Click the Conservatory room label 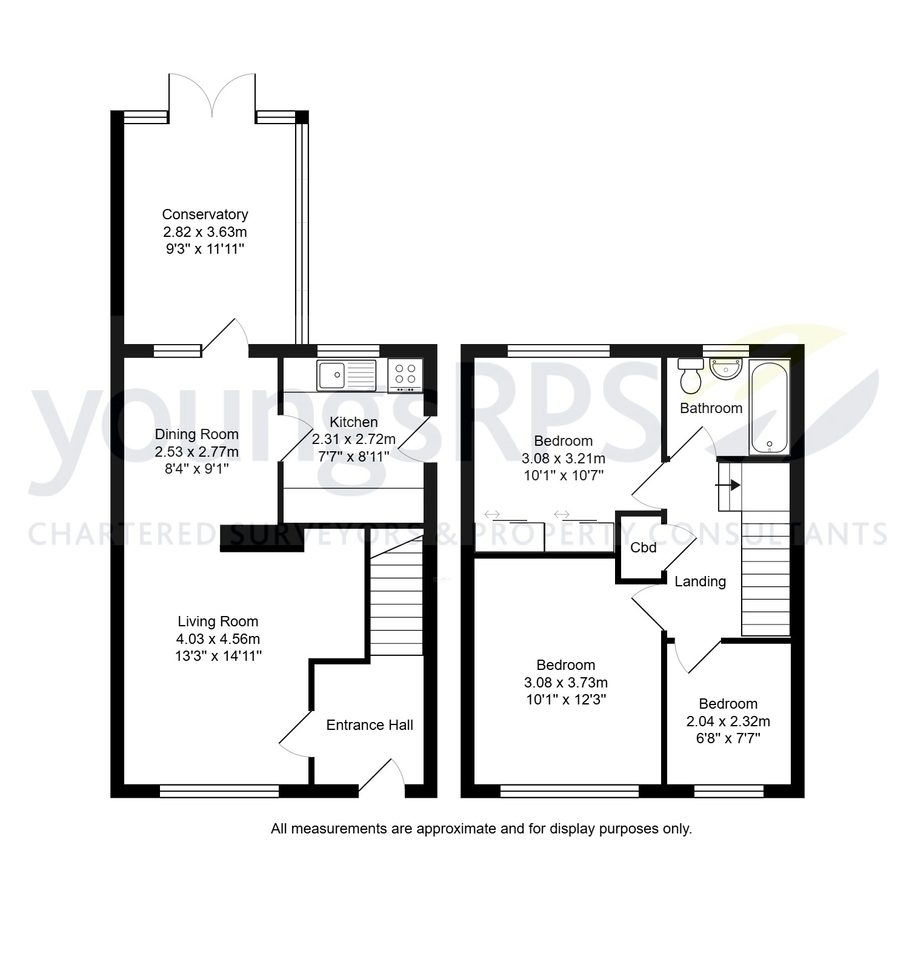205,214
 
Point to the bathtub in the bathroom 769,406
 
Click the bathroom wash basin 725,369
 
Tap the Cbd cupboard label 643,548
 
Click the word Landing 700,581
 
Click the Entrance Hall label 370,725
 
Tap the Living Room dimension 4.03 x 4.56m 218,638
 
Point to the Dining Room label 196,434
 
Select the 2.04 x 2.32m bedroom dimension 728,721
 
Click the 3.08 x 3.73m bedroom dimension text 565,683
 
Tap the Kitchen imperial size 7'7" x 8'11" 353,456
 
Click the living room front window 219,790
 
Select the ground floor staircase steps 396,606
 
